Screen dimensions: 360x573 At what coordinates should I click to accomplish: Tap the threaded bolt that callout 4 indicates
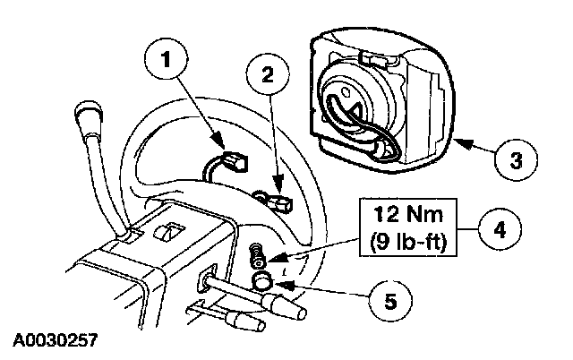256,253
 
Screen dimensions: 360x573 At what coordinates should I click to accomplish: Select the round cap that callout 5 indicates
262,283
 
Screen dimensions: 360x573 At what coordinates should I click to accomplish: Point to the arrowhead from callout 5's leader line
279,286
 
